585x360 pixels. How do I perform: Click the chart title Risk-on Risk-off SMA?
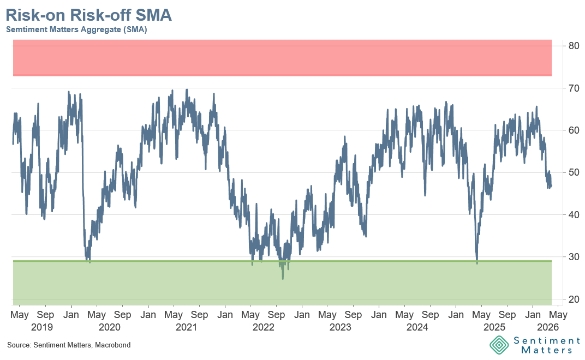[x=89, y=15]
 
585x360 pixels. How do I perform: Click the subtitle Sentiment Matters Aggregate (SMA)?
[x=76, y=30]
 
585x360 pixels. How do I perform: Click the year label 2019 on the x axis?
[x=41, y=327]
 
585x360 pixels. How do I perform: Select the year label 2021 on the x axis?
[x=186, y=327]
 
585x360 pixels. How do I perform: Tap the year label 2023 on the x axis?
[x=341, y=327]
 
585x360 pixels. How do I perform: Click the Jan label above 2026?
[x=533, y=315]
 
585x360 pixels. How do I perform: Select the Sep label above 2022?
[x=277, y=315]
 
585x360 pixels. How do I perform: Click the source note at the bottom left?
[x=69, y=345]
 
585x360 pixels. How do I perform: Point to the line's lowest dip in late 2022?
[x=283, y=279]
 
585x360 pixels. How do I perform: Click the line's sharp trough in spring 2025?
[x=477, y=263]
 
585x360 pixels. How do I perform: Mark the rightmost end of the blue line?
[x=551, y=185]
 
